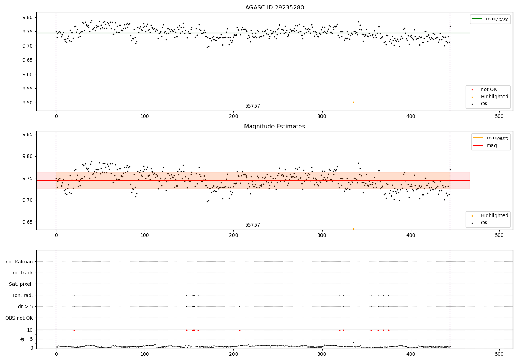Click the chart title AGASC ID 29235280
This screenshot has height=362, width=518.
click(x=275, y=8)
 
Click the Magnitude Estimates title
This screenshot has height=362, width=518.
click(x=275, y=127)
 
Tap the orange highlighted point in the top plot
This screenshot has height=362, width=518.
click(x=353, y=102)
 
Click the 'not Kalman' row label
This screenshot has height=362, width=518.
click(x=19, y=262)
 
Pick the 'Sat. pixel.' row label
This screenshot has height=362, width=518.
click(x=21, y=284)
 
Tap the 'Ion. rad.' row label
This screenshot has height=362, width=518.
click(x=23, y=295)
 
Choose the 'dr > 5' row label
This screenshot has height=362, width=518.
click(x=26, y=306)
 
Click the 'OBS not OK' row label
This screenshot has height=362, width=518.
click(x=19, y=318)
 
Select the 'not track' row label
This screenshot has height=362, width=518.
click(x=22, y=273)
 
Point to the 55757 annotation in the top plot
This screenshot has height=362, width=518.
click(x=252, y=106)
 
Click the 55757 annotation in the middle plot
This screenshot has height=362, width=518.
click(x=252, y=225)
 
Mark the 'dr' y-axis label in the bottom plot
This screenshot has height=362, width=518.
click(x=22, y=339)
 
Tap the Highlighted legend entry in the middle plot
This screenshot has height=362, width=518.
click(x=494, y=216)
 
